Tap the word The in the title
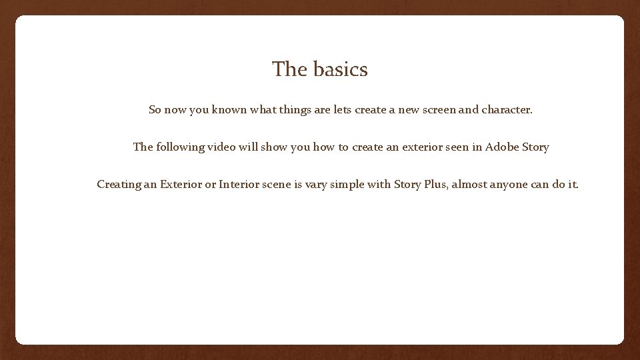[x=288, y=69]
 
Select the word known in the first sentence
[x=229, y=109]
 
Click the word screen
[x=434, y=109]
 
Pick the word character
[x=507, y=109]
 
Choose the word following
[x=181, y=147]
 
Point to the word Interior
[x=240, y=184]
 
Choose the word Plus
[x=435, y=184]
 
